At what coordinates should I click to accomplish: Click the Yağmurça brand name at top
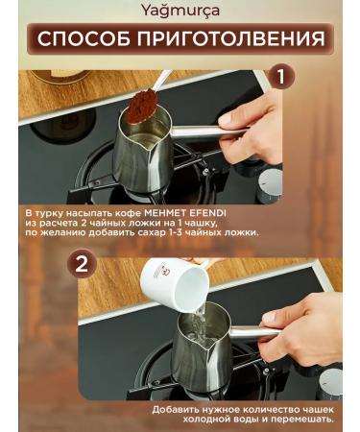pos(180,11)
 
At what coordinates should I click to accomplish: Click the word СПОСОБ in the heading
pos(84,38)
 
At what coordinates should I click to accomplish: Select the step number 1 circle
pos(280,77)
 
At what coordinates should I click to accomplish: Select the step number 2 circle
pos(82,265)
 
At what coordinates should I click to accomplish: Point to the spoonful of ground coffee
pos(141,105)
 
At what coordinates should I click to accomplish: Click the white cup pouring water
pos(175,285)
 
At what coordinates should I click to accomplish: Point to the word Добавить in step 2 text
pos(176,410)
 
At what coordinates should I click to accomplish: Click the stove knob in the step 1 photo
pos(271,184)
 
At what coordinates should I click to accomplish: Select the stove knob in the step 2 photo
pos(330,384)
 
